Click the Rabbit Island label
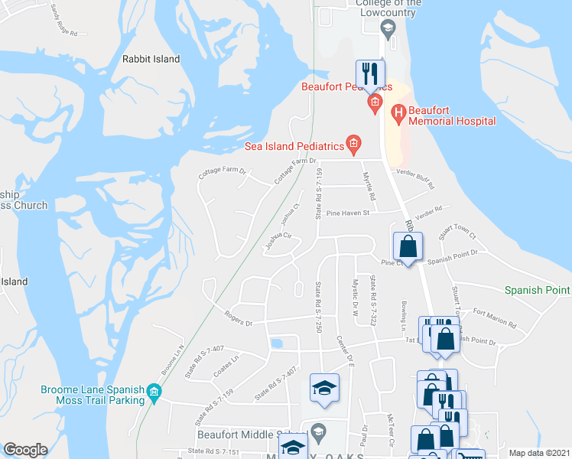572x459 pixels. click(151, 59)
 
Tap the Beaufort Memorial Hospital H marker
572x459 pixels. click(398, 115)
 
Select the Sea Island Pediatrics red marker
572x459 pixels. click(353, 142)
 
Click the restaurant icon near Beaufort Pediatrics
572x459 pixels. click(370, 74)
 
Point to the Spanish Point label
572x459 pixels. click(537, 290)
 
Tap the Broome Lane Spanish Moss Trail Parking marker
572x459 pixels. click(154, 393)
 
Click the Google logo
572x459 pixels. click(24, 450)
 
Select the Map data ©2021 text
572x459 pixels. click(539, 453)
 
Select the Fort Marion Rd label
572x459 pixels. click(494, 317)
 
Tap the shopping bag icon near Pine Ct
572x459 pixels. click(408, 247)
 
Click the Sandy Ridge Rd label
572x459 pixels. click(64, 21)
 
